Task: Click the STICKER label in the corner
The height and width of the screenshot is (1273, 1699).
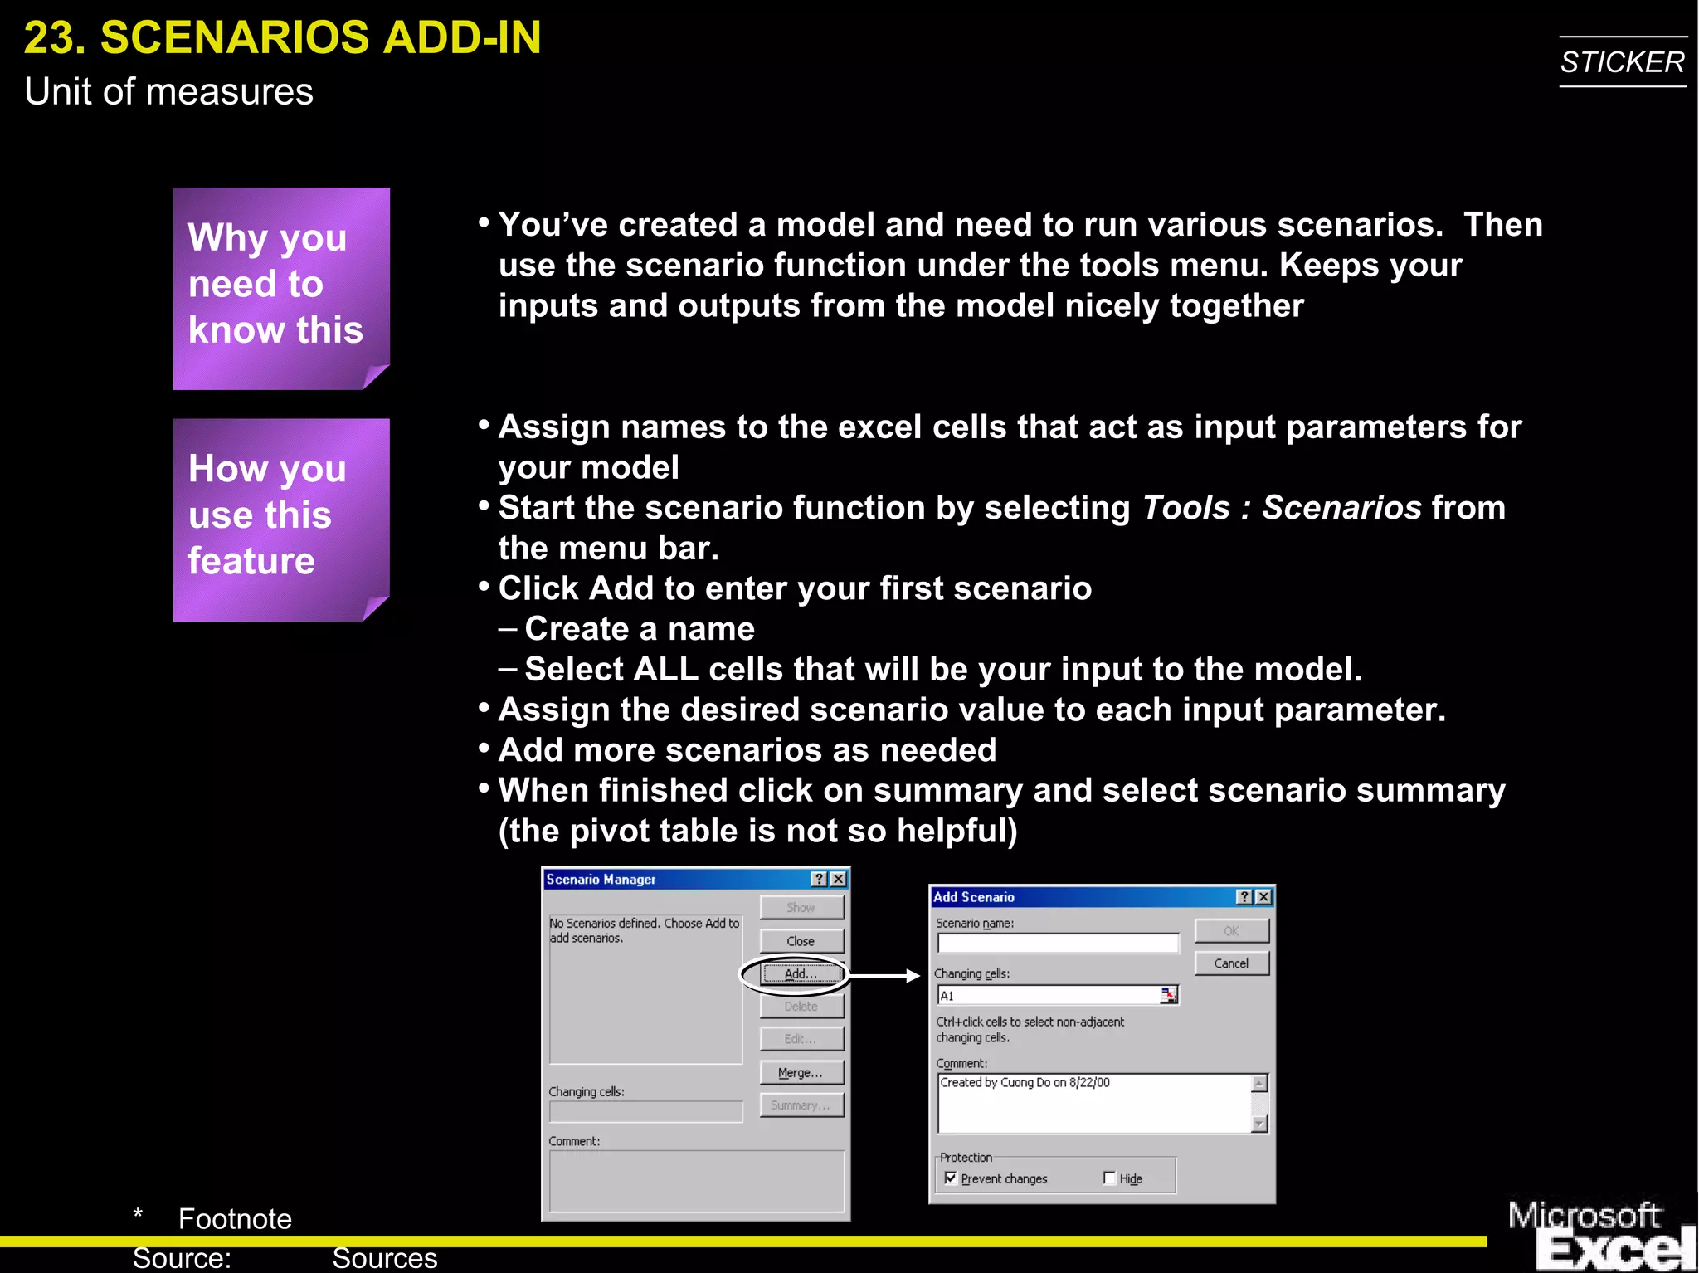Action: click(1622, 62)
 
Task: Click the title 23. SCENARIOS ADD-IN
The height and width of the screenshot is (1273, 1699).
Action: click(282, 38)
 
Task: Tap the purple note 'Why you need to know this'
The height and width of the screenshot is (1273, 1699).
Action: click(280, 287)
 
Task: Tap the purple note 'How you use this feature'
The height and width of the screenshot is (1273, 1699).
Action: click(280, 519)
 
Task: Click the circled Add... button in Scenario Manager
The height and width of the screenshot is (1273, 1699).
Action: click(801, 974)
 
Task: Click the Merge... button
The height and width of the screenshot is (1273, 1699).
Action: click(801, 1073)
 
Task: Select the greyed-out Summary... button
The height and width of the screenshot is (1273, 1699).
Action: click(801, 1105)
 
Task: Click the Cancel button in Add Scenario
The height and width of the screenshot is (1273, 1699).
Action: click(1231, 963)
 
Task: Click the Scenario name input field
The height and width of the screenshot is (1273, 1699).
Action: click(1057, 944)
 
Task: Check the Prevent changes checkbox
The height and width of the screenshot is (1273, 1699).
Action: click(951, 1178)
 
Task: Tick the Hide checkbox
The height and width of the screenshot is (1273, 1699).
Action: click(1109, 1178)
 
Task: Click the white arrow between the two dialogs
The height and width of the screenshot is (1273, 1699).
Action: click(884, 976)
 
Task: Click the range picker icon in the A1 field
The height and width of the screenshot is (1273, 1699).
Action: click(1168, 995)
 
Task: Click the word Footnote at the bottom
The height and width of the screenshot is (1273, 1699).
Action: click(235, 1218)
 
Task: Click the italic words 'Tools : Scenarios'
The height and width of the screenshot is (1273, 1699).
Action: click(1282, 508)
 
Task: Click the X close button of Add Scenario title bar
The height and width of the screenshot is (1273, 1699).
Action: click(1263, 897)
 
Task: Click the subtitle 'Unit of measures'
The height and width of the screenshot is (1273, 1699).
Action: click(168, 91)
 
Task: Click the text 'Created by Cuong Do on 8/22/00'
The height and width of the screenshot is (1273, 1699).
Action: click(1025, 1083)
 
